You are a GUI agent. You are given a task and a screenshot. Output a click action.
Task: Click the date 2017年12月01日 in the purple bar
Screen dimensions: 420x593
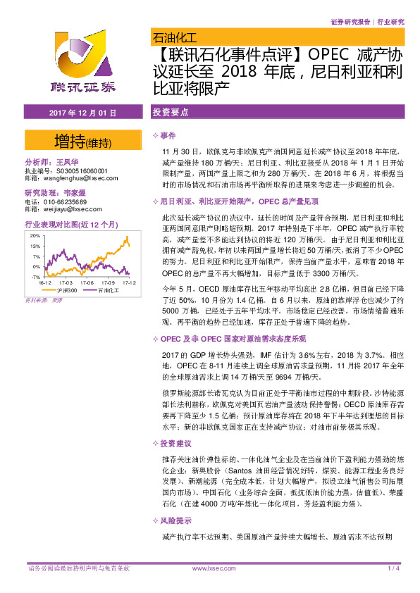coord(78,113)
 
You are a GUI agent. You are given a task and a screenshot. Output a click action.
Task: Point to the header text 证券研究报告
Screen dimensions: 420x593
coord(350,21)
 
